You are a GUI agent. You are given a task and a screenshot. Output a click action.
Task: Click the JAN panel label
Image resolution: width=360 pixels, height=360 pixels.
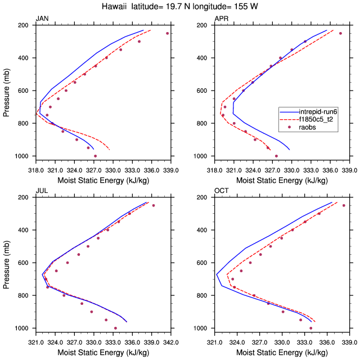click(42, 19)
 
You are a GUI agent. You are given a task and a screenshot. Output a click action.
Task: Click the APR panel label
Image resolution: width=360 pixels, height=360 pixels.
click(221, 19)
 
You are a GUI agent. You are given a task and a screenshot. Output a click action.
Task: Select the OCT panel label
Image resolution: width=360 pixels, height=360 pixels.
click(221, 191)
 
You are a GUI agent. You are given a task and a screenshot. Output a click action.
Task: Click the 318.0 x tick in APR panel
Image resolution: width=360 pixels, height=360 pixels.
click(215, 168)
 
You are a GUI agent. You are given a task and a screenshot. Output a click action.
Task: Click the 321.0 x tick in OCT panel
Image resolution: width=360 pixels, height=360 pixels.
click(215, 340)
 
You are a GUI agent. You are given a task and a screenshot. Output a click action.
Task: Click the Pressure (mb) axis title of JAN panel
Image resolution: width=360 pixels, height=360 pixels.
click(6, 91)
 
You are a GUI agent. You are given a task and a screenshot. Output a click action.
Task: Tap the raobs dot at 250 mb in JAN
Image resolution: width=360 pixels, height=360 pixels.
click(167, 33)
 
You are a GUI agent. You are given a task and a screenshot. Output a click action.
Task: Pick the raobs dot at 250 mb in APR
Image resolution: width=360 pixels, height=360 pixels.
click(340, 33)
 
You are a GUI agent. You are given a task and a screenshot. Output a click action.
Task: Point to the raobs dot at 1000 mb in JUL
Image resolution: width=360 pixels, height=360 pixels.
click(115, 328)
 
